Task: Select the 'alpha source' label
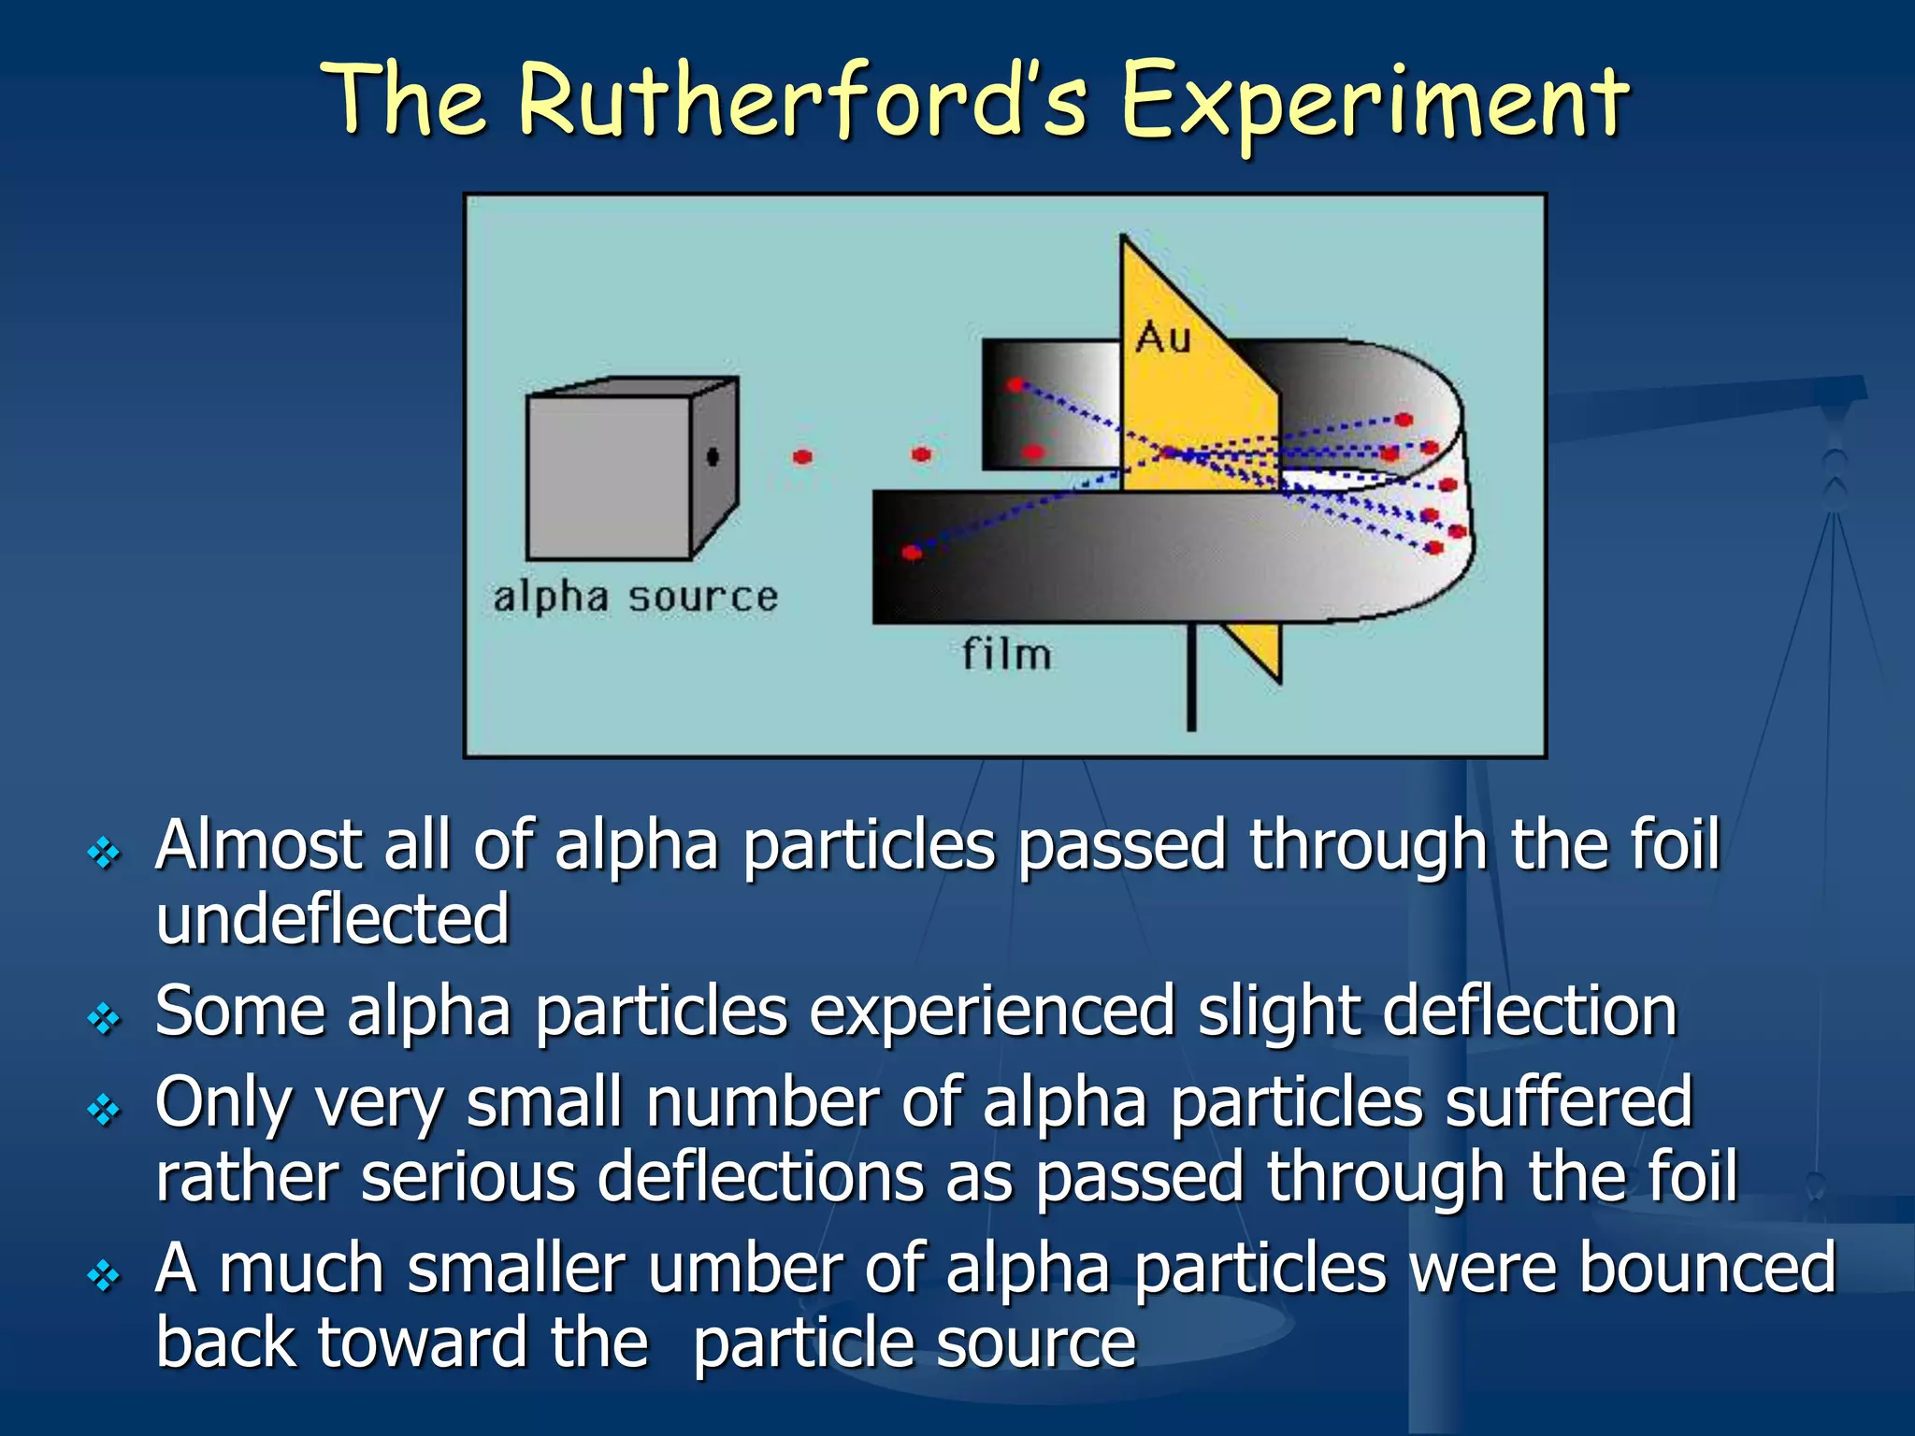pyautogui.click(x=635, y=596)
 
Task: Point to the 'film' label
pyautogui.click(x=1007, y=653)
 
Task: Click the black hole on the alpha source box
pyautogui.click(x=713, y=456)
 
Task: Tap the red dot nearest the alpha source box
pyautogui.click(x=802, y=457)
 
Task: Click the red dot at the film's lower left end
pyautogui.click(x=912, y=553)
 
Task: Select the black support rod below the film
pyautogui.click(x=1190, y=678)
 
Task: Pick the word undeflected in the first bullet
pyautogui.click(x=332, y=920)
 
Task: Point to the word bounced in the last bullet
pyautogui.click(x=1706, y=1270)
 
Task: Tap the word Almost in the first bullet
pyautogui.click(x=258, y=846)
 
